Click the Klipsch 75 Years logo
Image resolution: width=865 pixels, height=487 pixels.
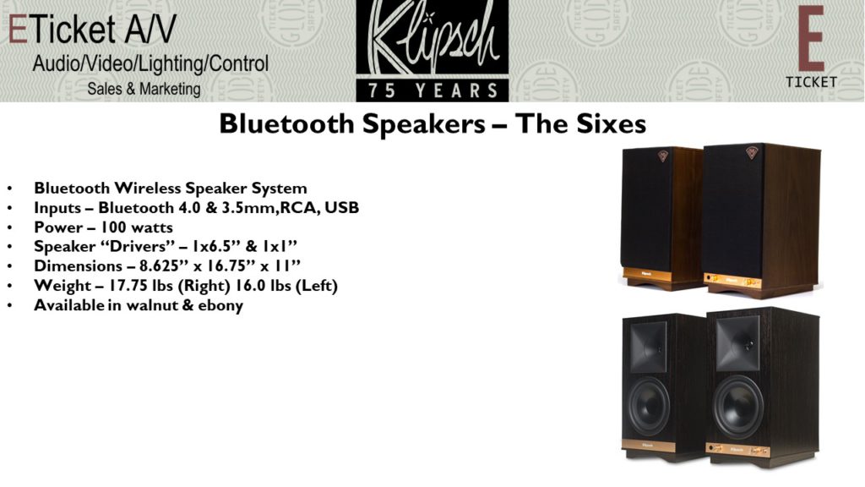432,51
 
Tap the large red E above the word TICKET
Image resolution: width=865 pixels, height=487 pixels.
810,39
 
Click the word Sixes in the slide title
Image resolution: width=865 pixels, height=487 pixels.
612,123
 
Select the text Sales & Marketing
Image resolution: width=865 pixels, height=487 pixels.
144,89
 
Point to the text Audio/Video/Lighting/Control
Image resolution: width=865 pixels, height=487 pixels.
150,64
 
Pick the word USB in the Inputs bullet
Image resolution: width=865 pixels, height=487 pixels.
341,208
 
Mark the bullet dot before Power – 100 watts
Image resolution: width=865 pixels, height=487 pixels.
10,228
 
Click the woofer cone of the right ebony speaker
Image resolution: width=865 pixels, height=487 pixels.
738,407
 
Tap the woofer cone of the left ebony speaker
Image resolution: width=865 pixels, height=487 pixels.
649,406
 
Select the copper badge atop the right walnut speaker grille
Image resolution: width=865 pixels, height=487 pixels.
751,153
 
